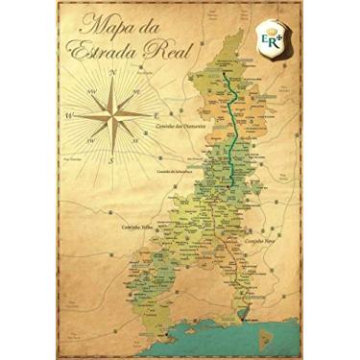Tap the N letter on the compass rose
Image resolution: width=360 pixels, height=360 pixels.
[112, 73]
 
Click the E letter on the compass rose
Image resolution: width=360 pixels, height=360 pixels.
[156, 116]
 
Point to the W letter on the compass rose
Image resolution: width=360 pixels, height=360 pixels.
[68, 116]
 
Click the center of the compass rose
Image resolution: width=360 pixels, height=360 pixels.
[112, 116]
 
